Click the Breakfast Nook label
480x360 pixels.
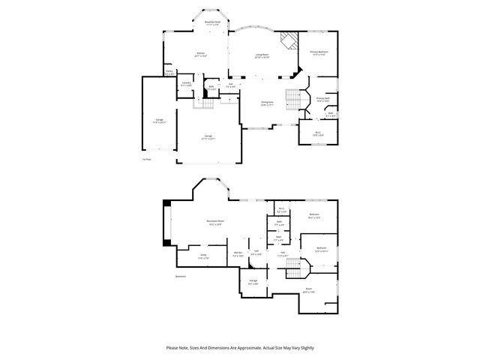pos(213,23)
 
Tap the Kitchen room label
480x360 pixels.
pos(201,55)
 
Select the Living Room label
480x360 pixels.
pos(262,55)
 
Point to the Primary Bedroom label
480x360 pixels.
pos(319,52)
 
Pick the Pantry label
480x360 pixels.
pos(169,72)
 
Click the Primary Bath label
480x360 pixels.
pos(323,99)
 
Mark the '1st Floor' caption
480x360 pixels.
pos(147,159)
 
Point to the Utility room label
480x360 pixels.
pos(203,256)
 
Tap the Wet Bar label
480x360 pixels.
pos(238,254)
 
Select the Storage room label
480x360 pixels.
pos(253,282)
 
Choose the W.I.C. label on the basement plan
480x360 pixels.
pos(281,209)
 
